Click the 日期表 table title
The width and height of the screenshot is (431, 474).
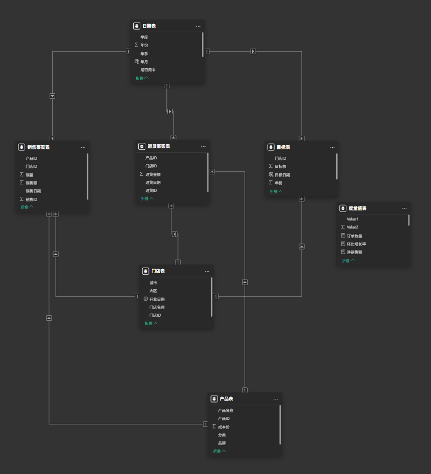pos(149,26)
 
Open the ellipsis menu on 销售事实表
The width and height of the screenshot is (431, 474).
pos(83,147)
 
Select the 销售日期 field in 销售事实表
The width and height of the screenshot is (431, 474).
pos(34,191)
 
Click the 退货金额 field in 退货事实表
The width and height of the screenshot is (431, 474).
pos(153,174)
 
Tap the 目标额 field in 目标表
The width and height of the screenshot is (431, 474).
pos(281,166)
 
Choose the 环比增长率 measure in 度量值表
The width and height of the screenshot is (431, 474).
pos(356,244)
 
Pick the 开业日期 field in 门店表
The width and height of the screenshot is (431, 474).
pos(157,299)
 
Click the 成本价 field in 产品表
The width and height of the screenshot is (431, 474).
pos(224,427)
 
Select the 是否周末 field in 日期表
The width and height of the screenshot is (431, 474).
pos(148,70)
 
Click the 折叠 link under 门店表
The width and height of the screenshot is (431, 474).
pos(151,323)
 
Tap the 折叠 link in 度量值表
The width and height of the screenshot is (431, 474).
pos(348,261)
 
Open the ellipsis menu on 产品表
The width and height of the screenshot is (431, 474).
pos(276,399)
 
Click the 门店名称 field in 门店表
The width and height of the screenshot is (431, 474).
pos(157,307)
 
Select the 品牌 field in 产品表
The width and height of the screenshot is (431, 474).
pos(222,443)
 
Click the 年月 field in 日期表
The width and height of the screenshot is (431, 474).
pos(144,62)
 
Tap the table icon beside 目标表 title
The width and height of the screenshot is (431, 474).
pos(271,147)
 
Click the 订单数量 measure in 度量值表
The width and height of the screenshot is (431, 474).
pos(354,236)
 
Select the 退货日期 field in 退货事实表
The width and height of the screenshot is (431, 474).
pos(153,182)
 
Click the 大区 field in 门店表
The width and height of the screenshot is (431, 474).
pos(153,291)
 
